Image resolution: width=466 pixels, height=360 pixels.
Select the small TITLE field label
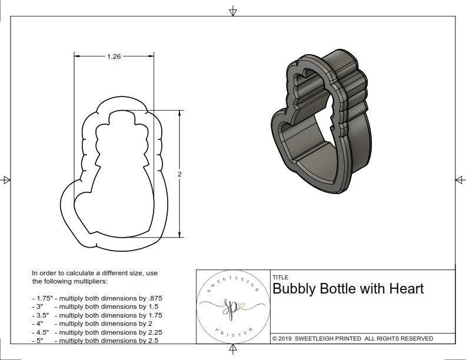coord(280,277)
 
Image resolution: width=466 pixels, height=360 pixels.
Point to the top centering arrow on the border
coord(233,11)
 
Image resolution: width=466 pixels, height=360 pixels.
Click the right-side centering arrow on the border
coord(460,180)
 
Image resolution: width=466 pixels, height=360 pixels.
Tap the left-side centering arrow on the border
coord(6,180)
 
